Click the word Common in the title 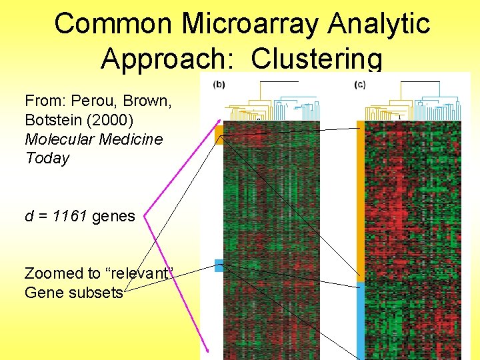coord(113,24)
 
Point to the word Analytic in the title coord(379,24)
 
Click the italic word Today coord(47,158)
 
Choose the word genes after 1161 coord(113,216)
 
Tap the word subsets coord(98,292)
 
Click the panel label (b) coord(219,84)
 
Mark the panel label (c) coord(360,84)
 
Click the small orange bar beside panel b coord(219,134)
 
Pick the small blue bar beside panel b coord(219,265)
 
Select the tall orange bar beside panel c coord(361,200)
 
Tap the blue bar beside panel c coord(361,320)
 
